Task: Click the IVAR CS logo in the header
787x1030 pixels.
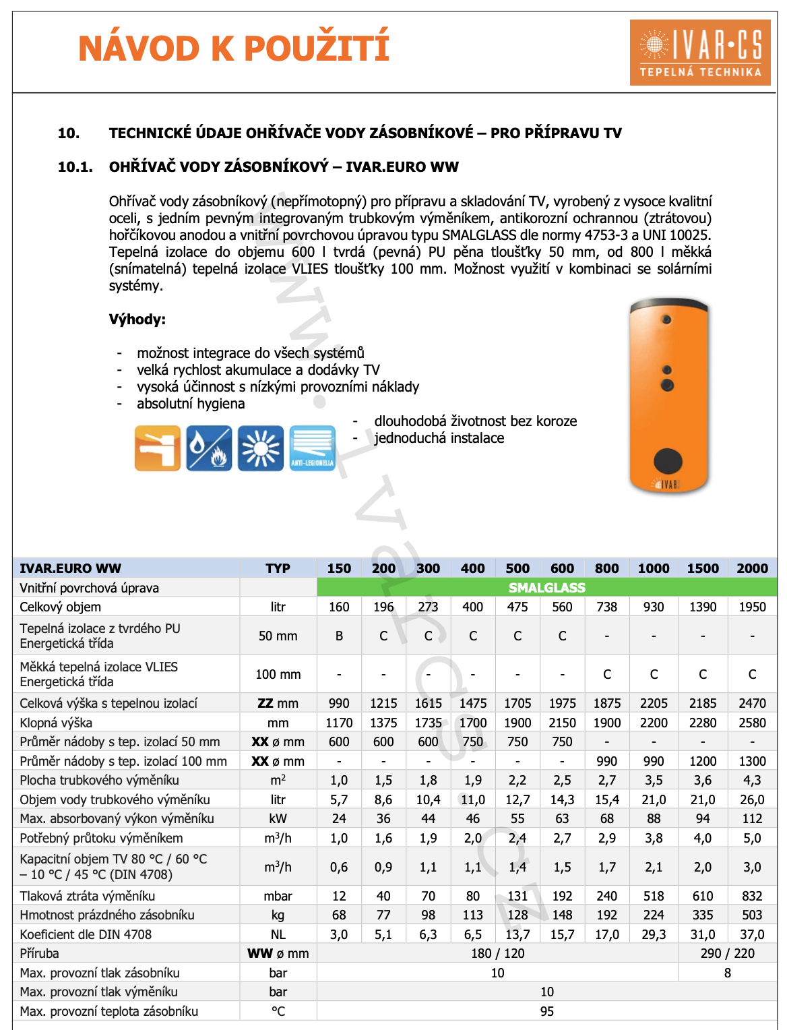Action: [x=700, y=53]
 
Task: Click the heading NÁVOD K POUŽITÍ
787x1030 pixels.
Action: [x=234, y=49]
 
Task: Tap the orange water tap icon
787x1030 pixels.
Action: [x=158, y=448]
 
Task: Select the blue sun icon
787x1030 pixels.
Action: [x=261, y=448]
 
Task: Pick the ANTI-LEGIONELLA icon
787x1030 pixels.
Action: [x=313, y=448]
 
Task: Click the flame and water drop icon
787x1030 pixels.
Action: [x=209, y=448]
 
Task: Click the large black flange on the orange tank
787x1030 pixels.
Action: [x=668, y=461]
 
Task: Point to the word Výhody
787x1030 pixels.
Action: [x=137, y=320]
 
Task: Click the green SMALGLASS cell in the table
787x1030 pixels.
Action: [x=546, y=588]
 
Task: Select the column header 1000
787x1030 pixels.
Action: [x=654, y=568]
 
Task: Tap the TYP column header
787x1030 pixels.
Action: [x=278, y=568]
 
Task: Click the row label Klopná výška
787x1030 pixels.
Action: [x=56, y=723]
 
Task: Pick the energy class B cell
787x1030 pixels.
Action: [x=339, y=636]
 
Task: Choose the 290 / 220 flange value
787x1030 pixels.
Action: [x=727, y=953]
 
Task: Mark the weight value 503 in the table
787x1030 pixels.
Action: [x=752, y=915]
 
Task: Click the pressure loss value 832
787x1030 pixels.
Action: [x=752, y=896]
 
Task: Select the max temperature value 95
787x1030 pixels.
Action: [x=546, y=1011]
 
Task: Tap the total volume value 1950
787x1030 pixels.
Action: [x=752, y=607]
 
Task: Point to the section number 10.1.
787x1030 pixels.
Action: [x=75, y=167]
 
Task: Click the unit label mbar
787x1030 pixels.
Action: [x=278, y=896]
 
